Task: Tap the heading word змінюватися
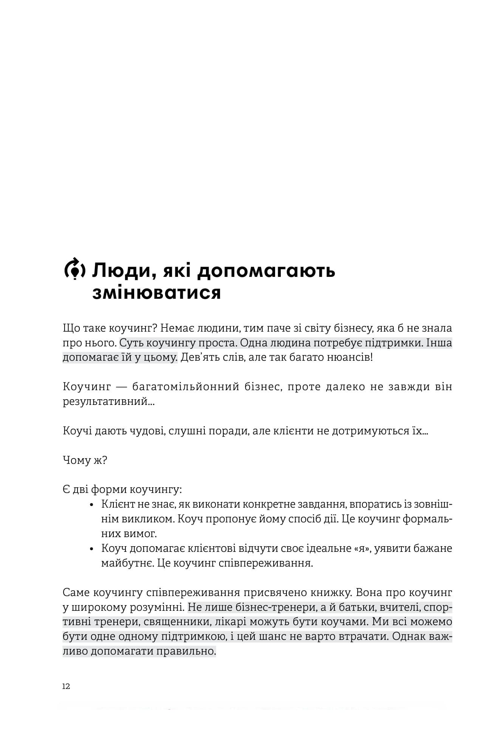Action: (x=156, y=293)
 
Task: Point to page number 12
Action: (x=66, y=686)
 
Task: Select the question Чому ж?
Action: (x=85, y=460)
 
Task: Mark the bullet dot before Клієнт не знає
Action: (x=91, y=505)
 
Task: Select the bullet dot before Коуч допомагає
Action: (x=91, y=549)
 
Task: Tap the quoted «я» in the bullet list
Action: (x=362, y=548)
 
